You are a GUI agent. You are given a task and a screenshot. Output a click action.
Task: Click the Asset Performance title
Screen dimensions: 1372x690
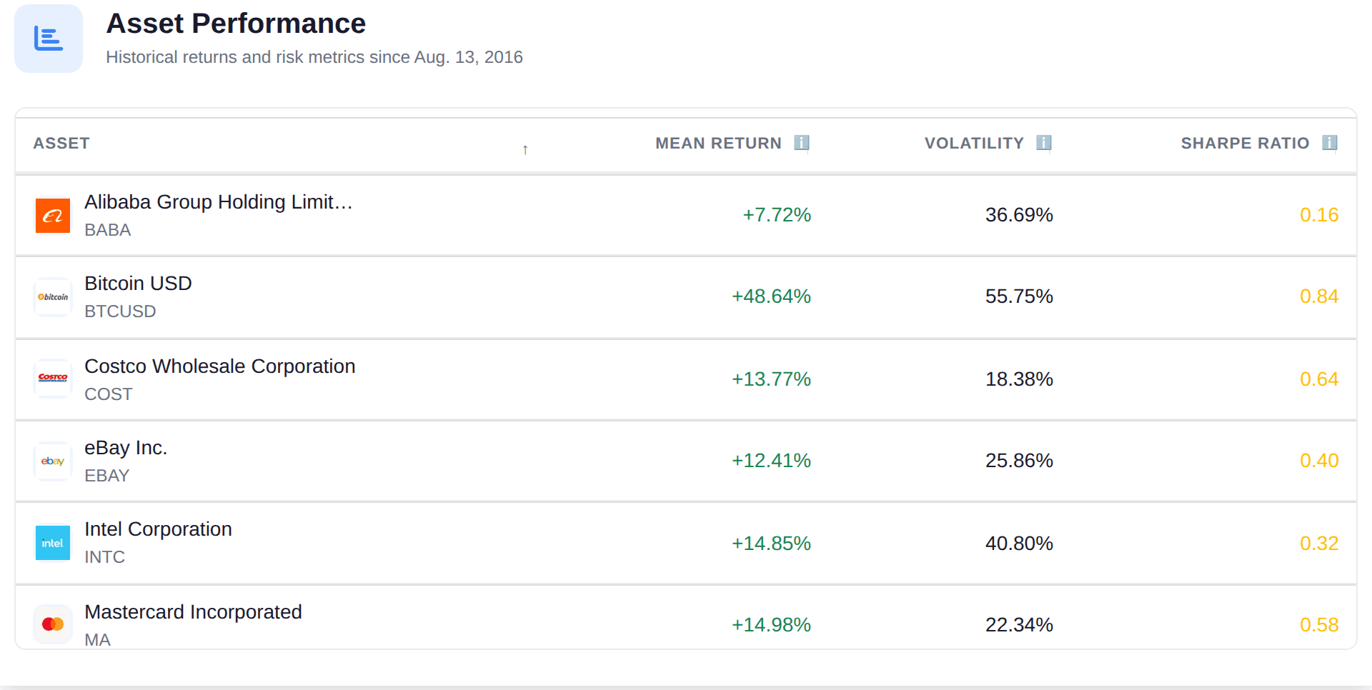coord(236,24)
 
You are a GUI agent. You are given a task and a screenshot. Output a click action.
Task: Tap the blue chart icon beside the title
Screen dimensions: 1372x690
coord(49,39)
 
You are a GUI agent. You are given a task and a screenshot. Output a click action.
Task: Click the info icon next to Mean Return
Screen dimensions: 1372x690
coord(802,143)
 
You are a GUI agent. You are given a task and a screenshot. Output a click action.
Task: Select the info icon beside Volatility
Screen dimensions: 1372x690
coord(1044,143)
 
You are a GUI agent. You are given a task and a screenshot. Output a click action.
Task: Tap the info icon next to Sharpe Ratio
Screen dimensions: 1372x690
coord(1329,143)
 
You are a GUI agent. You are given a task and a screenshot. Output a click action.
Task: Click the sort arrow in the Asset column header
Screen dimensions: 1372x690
coord(525,149)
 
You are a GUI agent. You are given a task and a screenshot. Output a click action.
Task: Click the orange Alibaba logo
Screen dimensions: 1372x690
coord(53,216)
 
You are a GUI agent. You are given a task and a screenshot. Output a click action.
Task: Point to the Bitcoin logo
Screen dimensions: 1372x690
coord(53,297)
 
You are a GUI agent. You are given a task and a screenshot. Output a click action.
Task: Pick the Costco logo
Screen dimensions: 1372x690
coord(53,379)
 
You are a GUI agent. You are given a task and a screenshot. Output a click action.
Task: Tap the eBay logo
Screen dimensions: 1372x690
coord(53,461)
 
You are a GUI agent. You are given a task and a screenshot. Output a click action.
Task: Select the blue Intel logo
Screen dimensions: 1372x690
coord(53,543)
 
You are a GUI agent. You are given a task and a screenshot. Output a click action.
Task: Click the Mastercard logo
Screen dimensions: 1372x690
coord(53,624)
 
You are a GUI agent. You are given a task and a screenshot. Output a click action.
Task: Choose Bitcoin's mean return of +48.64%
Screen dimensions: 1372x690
coord(771,296)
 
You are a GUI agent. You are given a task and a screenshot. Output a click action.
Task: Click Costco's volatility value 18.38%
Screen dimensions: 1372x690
coord(1019,379)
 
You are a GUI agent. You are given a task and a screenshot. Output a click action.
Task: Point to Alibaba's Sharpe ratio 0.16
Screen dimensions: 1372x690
coord(1319,215)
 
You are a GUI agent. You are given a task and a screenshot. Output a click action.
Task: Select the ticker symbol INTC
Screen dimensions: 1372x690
coord(104,557)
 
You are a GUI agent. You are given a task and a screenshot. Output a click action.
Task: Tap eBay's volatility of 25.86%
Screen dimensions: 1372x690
coord(1019,461)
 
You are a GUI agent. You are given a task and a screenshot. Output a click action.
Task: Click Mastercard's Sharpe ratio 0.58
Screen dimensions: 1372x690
coord(1319,625)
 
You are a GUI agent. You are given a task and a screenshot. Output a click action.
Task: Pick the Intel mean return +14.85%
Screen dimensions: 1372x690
coord(771,544)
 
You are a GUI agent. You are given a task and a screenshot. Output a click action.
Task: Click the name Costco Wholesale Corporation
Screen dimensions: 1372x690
coord(220,366)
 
